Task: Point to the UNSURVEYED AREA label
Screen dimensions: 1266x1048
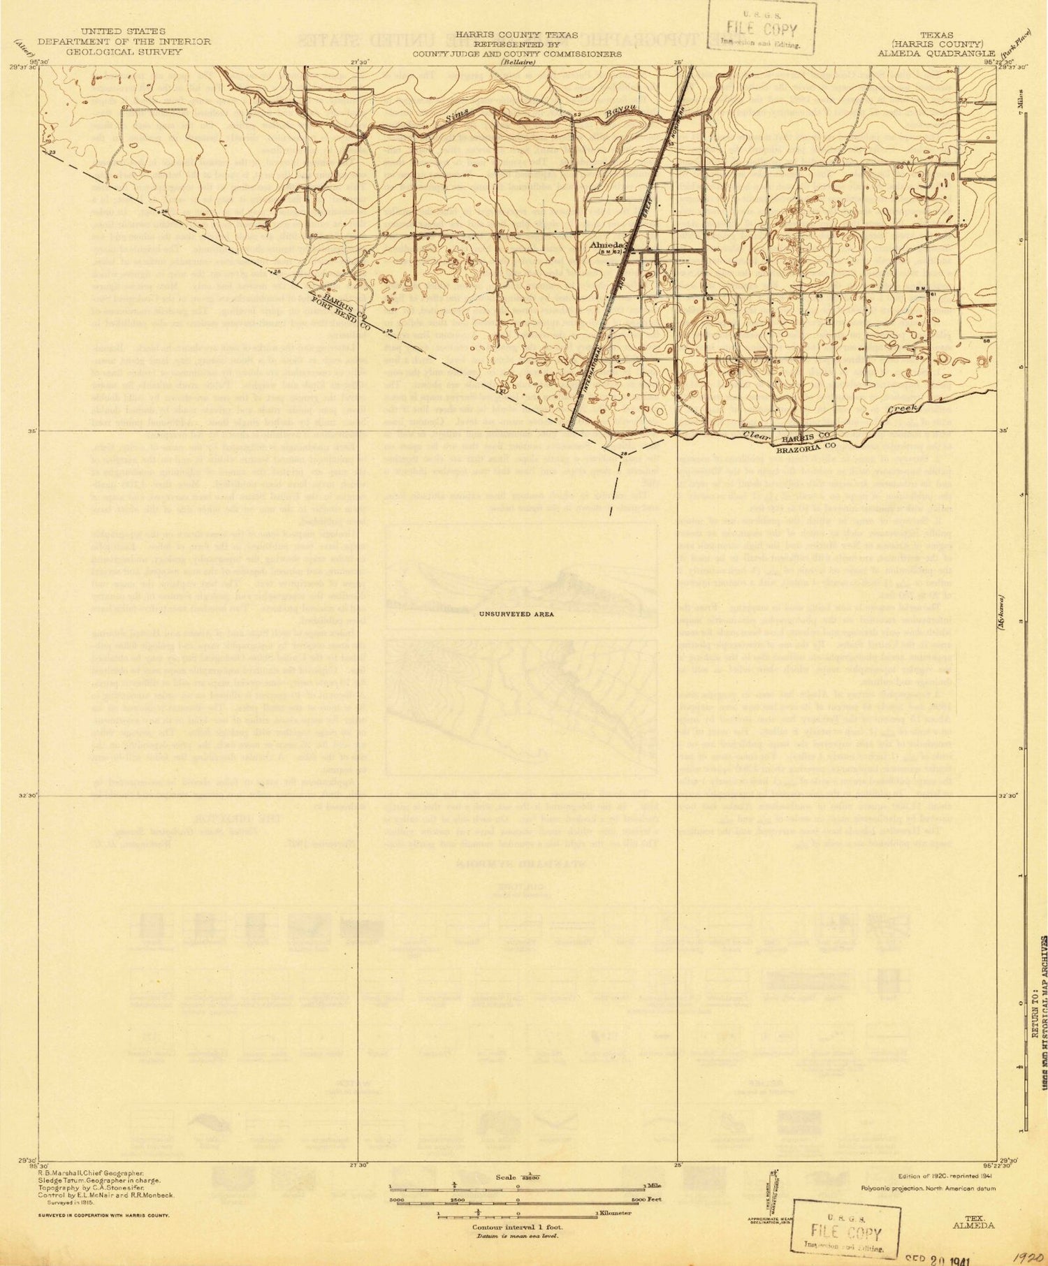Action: pos(516,614)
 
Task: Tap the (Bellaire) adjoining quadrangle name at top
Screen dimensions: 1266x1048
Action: pos(515,61)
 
